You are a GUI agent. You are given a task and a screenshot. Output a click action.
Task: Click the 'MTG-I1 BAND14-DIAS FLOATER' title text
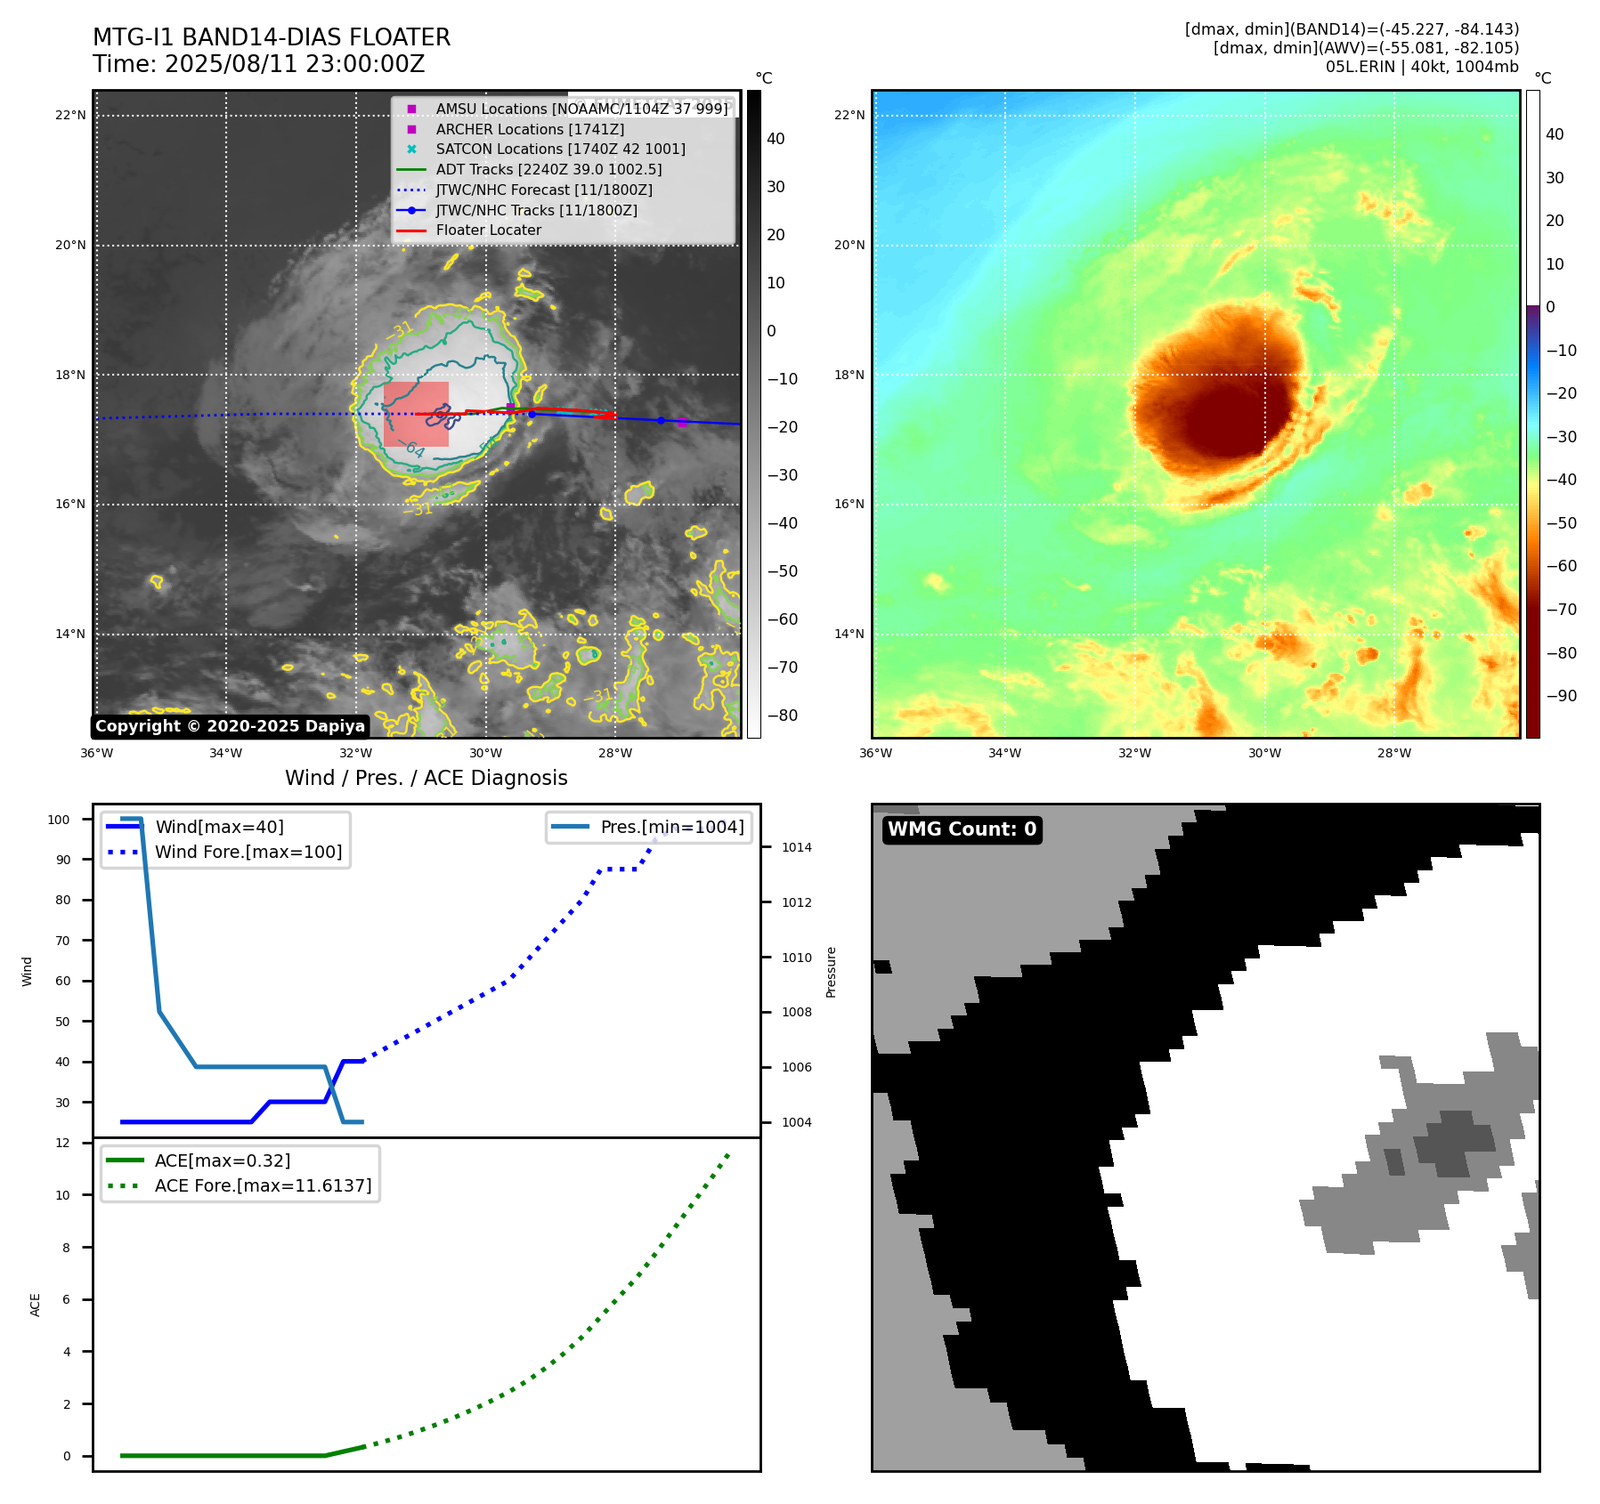pyautogui.click(x=272, y=37)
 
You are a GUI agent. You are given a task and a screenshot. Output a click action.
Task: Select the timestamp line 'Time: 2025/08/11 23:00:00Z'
pyautogui.click(x=258, y=64)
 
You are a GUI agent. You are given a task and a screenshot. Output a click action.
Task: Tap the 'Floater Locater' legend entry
pyautogui.click(x=488, y=230)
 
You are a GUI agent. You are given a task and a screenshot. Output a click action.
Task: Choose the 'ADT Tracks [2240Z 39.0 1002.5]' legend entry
pyautogui.click(x=548, y=169)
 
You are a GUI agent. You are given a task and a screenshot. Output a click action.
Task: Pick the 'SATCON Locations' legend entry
pyautogui.click(x=560, y=149)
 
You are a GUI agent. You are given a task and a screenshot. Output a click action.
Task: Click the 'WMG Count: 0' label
pyautogui.click(x=962, y=829)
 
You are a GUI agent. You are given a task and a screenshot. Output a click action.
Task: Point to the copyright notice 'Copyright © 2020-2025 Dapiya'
pyautogui.click(x=230, y=726)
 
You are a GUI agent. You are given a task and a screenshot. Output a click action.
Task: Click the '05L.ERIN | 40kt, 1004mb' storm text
pyautogui.click(x=1422, y=67)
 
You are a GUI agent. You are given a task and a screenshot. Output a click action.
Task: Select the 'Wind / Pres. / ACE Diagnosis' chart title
pyautogui.click(x=426, y=778)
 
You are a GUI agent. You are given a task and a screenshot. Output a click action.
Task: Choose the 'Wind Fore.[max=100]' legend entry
pyautogui.click(x=248, y=852)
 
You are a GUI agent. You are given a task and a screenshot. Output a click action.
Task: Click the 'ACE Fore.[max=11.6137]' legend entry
pyautogui.click(x=263, y=1185)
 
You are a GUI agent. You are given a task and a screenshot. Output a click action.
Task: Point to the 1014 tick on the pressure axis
pyautogui.click(x=796, y=847)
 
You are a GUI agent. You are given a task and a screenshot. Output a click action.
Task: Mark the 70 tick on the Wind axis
pyautogui.click(x=62, y=941)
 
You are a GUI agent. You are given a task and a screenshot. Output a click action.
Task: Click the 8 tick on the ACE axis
pyautogui.click(x=66, y=1248)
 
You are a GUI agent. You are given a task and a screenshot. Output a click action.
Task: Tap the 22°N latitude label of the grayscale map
pyautogui.click(x=70, y=115)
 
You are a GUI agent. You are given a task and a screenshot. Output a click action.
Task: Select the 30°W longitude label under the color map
pyautogui.click(x=1264, y=753)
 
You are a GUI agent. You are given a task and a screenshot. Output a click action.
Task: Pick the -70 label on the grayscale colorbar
pyautogui.click(x=783, y=667)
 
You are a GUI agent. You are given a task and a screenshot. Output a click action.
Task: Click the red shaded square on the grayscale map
pyautogui.click(x=416, y=414)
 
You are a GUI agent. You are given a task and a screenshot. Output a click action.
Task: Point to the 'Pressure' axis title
pyautogui.click(x=831, y=972)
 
